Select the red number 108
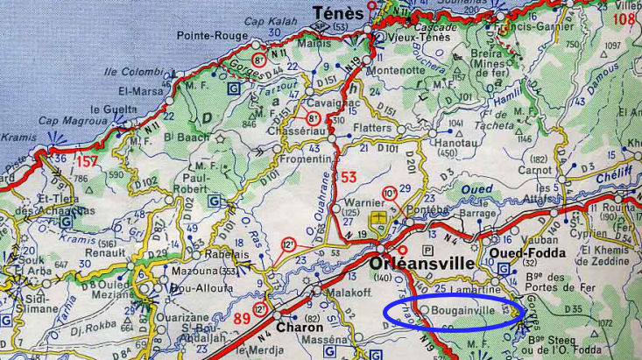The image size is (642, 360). coord(623,18)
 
